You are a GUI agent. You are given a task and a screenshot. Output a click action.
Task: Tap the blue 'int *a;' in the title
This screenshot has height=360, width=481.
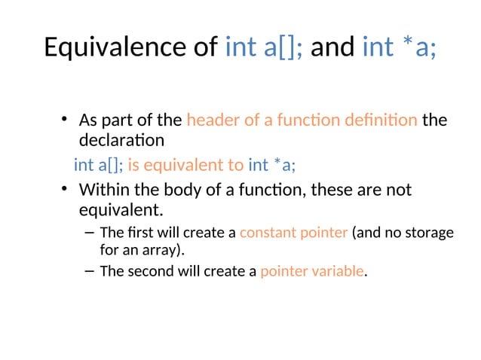[399, 47]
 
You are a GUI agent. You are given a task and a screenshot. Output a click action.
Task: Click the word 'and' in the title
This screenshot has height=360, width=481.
[332, 47]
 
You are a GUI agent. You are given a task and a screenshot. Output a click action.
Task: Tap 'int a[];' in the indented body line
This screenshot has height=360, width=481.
[99, 165]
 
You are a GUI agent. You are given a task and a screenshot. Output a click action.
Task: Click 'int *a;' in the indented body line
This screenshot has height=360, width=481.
[277, 165]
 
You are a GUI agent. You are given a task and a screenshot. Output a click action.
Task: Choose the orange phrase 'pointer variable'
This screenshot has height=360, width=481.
[311, 271]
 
